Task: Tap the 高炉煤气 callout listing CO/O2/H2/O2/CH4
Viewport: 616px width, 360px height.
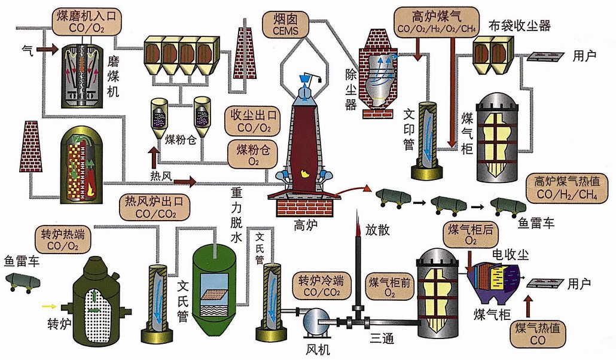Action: (x=437, y=21)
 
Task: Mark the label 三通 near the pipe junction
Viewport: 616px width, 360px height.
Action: (x=381, y=338)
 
